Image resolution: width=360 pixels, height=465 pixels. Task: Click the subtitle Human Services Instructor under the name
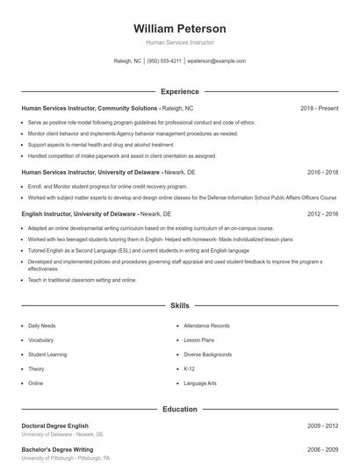pos(180,42)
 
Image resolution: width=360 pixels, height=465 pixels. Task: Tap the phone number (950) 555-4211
pos(164,61)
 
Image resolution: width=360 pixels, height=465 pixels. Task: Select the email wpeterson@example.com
pos(217,61)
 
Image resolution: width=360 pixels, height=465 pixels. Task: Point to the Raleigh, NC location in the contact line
pos(127,61)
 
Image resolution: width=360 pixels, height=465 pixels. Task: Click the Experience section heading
pos(180,91)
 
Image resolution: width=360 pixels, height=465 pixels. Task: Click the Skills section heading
pos(180,306)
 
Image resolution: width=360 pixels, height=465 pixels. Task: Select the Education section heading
pos(180,409)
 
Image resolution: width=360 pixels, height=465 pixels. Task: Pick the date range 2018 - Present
pos(319,108)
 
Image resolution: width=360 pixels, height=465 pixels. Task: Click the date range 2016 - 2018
pos(322,173)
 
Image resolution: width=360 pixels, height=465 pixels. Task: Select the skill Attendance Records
pos(206,325)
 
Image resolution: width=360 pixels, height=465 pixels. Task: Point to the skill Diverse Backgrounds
pos(208,354)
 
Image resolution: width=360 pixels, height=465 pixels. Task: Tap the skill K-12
pos(190,368)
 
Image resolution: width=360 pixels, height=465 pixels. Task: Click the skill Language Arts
pos(200,383)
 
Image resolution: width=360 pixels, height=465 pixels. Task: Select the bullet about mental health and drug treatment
pos(101,145)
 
